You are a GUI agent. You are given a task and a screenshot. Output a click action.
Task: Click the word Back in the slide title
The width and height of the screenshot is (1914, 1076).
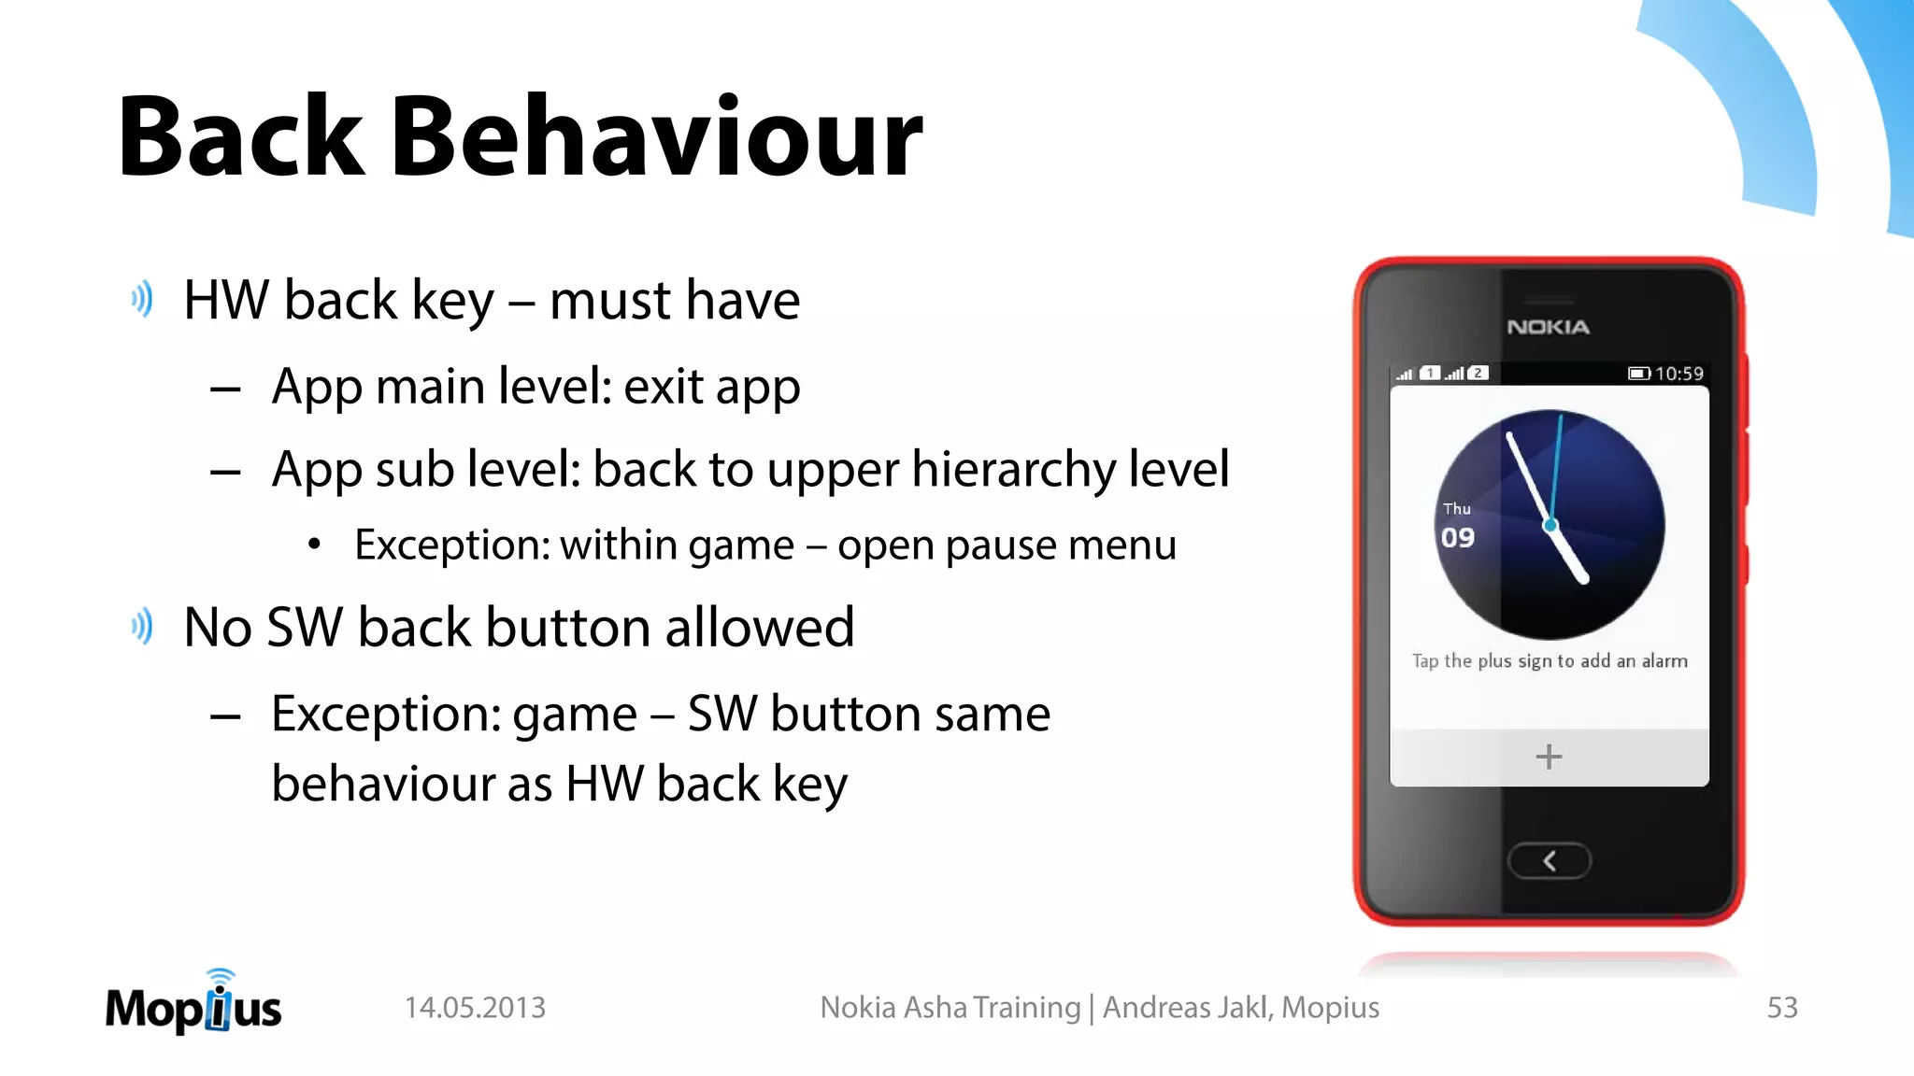click(240, 137)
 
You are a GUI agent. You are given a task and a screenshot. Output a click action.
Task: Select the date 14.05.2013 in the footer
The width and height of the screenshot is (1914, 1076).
click(475, 1008)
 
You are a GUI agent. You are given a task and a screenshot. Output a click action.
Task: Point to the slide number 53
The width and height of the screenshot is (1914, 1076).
click(1781, 1008)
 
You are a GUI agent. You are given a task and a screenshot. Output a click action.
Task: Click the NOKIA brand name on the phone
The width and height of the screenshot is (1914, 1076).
click(1548, 327)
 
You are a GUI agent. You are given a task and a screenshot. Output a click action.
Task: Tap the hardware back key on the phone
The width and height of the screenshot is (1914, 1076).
click(1549, 860)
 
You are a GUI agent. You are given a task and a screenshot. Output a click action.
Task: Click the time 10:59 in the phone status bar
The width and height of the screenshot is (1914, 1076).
click(1678, 374)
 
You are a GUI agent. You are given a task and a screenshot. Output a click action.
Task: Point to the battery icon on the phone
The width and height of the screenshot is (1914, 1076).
click(1638, 374)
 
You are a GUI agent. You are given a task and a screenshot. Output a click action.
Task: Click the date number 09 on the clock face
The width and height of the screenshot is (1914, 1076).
click(1457, 538)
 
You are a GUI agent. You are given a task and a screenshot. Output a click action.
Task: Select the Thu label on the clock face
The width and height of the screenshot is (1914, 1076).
click(1457, 509)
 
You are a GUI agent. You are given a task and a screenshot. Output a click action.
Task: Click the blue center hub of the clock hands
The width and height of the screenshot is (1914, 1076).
click(1550, 526)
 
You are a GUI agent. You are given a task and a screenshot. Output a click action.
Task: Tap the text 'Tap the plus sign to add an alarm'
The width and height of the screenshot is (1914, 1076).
click(1550, 661)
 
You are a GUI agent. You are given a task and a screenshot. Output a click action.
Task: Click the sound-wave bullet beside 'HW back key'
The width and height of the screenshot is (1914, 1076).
click(142, 299)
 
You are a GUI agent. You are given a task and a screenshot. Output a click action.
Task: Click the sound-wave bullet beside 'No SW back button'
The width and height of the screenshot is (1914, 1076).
click(142, 627)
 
